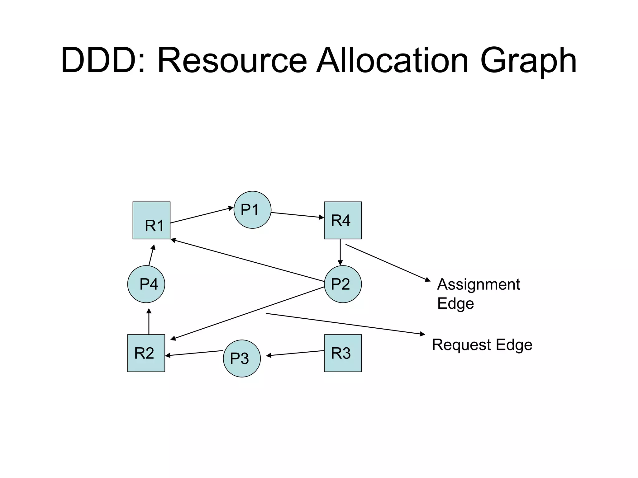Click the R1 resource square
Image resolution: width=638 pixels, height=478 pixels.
click(x=151, y=220)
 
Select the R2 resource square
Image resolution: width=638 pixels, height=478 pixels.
click(x=146, y=353)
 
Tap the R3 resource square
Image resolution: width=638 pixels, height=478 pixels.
click(x=343, y=353)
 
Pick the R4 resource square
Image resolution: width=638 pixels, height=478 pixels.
click(x=343, y=220)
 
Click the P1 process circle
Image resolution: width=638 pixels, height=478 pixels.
click(x=252, y=210)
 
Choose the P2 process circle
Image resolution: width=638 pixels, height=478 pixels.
click(x=343, y=284)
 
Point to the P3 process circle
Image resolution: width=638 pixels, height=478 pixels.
click(x=242, y=358)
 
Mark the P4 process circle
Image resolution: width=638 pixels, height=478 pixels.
click(x=146, y=284)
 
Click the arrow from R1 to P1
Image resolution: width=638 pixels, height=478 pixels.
click(x=202, y=215)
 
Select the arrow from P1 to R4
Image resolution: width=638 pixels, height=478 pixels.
click(x=298, y=215)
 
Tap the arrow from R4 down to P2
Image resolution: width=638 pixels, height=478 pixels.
click(x=340, y=252)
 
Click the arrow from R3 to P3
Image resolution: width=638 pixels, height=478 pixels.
click(x=295, y=354)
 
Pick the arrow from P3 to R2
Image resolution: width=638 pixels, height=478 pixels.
click(x=194, y=353)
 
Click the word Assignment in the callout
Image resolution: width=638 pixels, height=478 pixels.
click(x=478, y=284)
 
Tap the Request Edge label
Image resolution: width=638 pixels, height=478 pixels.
click(x=482, y=345)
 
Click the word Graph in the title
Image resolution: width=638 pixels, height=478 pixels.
click(x=528, y=61)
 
